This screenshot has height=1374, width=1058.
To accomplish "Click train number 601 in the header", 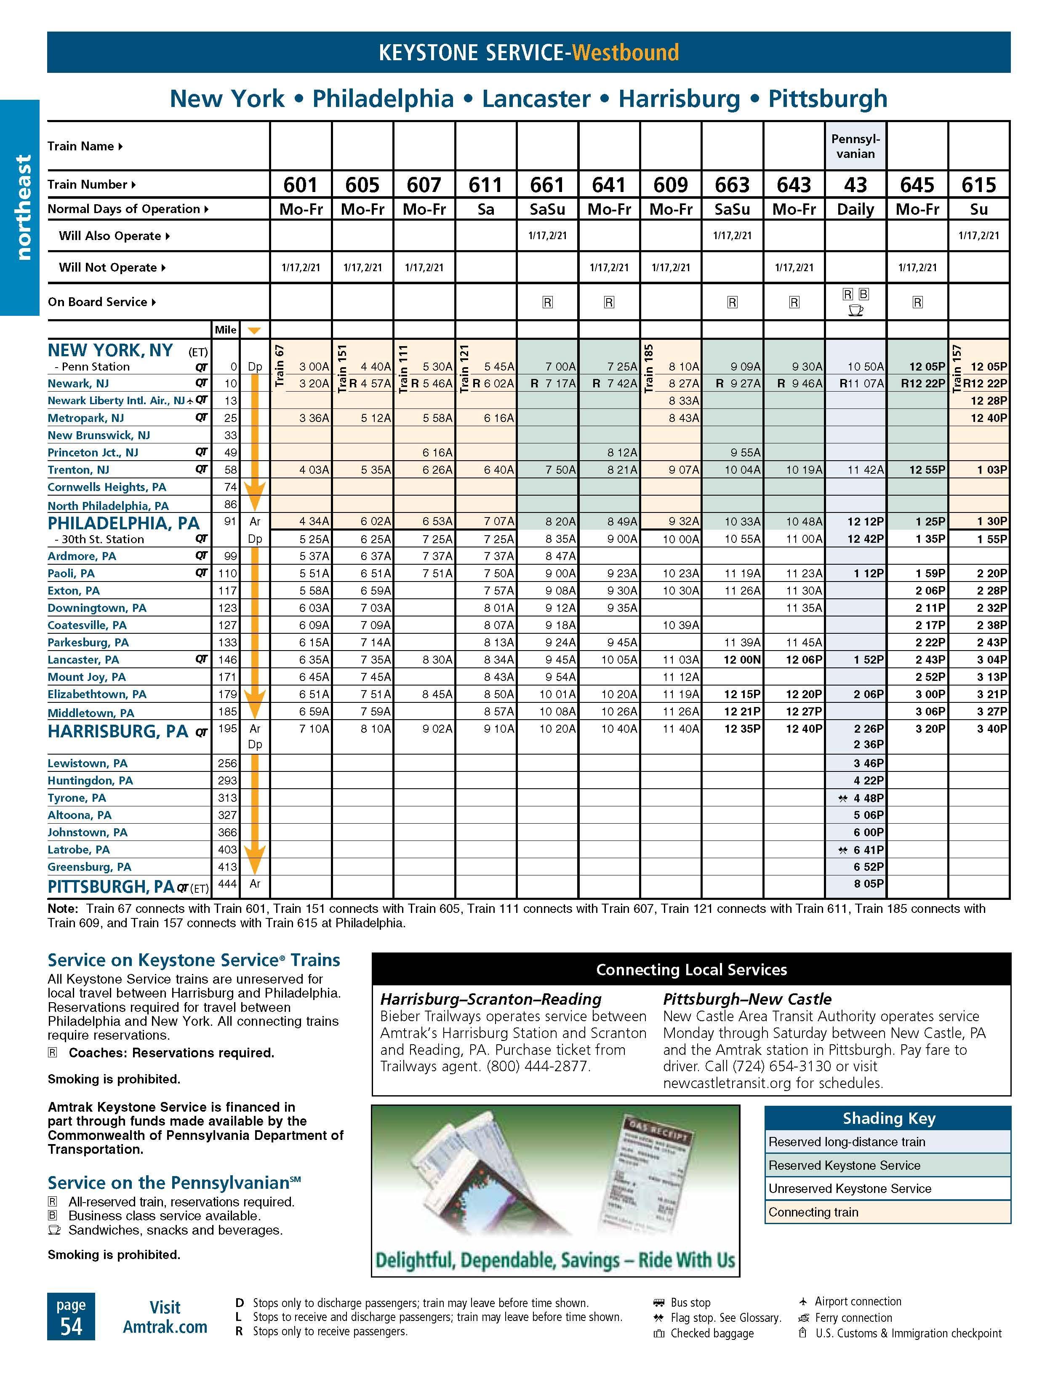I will click(x=300, y=184).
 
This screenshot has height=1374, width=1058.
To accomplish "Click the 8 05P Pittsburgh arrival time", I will click(x=868, y=884).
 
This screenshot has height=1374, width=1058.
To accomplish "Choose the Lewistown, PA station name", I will click(x=88, y=763).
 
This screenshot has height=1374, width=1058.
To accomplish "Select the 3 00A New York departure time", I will click(x=314, y=366).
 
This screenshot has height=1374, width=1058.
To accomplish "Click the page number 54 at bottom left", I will click(x=71, y=1326).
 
